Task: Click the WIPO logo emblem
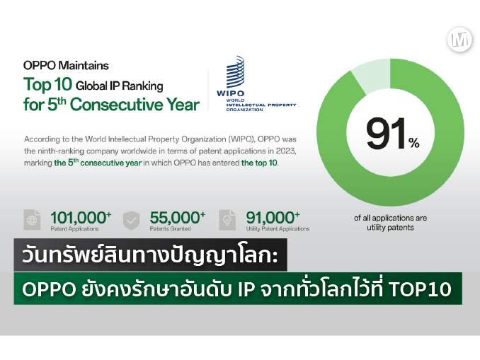point(235,71)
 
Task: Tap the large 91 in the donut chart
point(387,134)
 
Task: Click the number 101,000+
point(81,217)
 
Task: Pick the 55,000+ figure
point(177,217)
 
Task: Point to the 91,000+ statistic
point(273,217)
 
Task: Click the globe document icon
point(32,220)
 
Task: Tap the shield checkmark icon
point(131,220)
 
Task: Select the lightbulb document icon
point(227,220)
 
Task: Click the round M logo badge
point(459,40)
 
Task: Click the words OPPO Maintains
point(66,66)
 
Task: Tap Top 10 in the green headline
point(47,84)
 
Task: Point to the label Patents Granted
point(170,228)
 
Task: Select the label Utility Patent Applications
point(278,228)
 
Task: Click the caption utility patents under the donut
point(390,228)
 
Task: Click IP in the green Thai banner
point(246,289)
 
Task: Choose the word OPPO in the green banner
point(49,289)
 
